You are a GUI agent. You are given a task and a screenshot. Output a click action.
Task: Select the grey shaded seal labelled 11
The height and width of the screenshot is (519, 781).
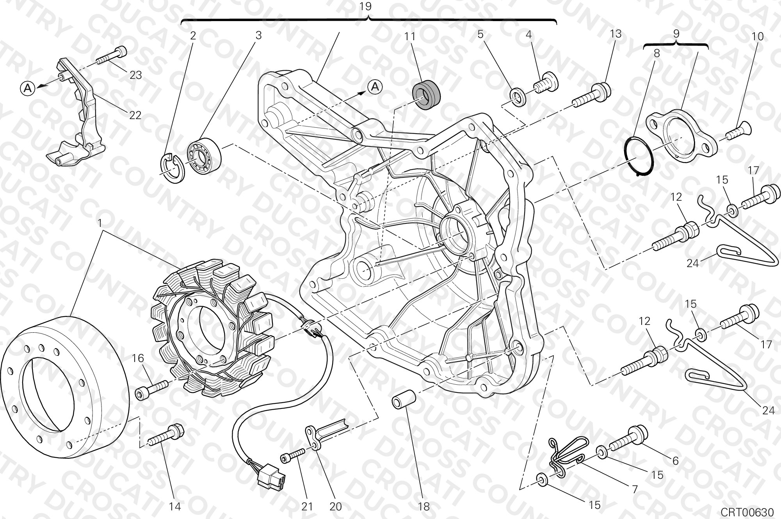click(x=426, y=95)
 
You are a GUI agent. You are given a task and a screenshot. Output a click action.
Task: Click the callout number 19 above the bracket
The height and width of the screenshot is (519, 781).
click(x=366, y=7)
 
